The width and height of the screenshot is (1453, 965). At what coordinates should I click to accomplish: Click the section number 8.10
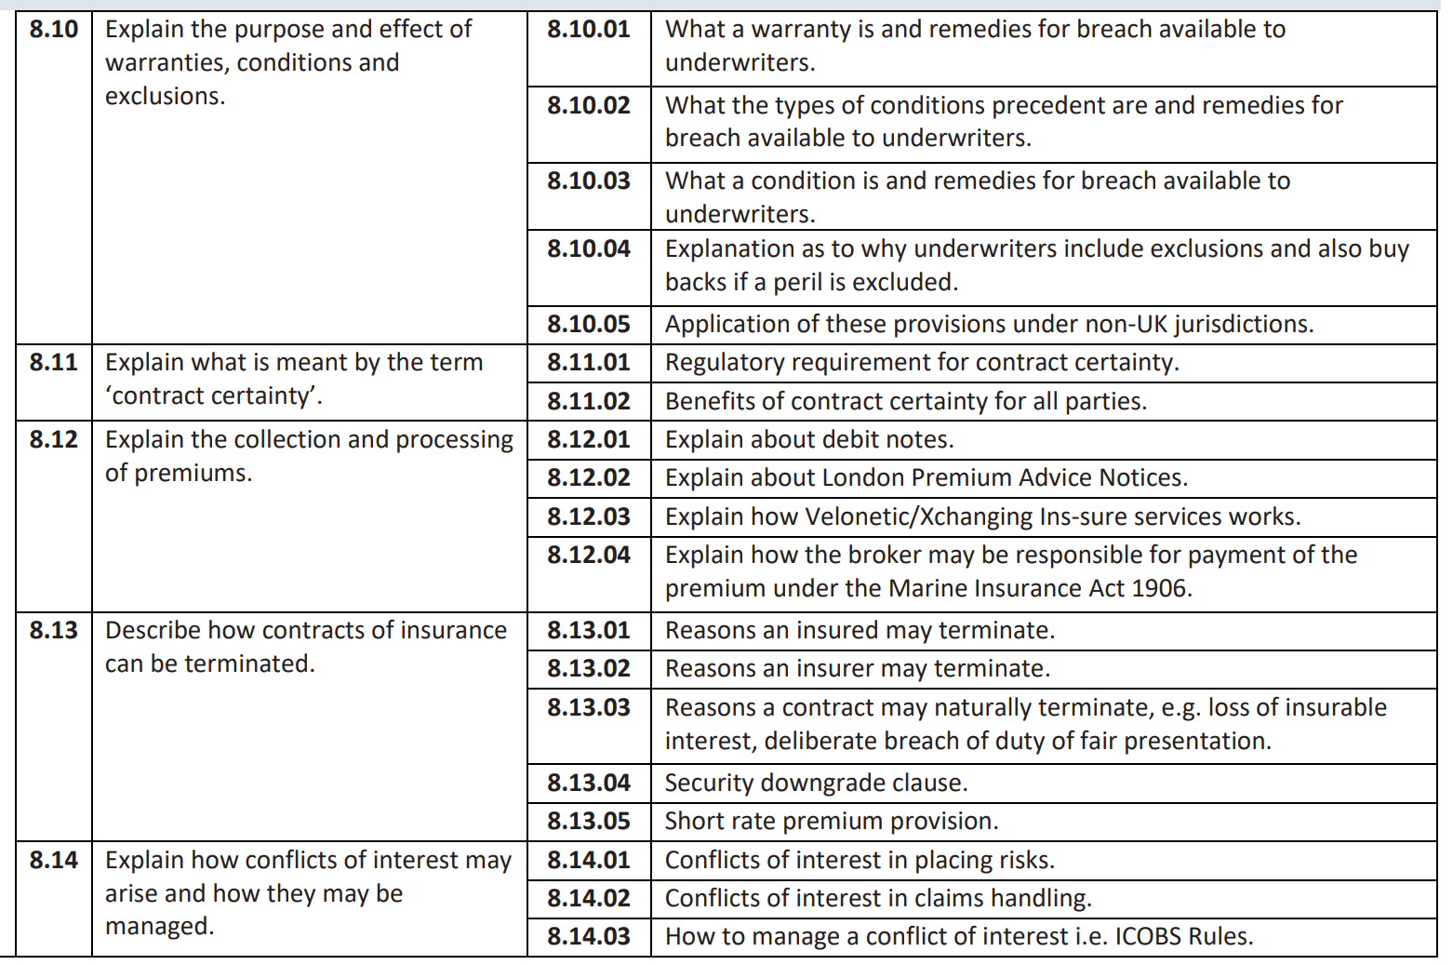point(54,30)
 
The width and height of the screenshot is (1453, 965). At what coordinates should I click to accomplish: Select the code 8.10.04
point(588,248)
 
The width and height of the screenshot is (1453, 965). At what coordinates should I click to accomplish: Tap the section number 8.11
point(54,362)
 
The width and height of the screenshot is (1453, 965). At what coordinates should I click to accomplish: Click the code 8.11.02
point(588,401)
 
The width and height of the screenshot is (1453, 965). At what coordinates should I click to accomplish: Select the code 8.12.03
point(588,516)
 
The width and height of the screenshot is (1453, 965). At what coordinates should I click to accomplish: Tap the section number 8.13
point(54,630)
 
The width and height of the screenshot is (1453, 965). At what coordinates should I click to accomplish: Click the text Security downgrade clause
point(816,783)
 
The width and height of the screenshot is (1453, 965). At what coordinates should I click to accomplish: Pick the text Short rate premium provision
point(831,821)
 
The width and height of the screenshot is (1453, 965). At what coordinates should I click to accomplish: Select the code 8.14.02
point(588,898)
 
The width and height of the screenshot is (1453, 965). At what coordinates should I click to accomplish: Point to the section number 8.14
point(54,860)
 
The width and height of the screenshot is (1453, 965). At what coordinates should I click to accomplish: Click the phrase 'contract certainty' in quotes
point(213,395)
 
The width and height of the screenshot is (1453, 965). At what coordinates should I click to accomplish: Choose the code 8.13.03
point(588,707)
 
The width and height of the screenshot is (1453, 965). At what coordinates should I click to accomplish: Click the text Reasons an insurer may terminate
point(857,668)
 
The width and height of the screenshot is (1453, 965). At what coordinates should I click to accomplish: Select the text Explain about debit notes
point(809,439)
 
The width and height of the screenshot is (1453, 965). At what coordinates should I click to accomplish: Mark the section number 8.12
point(54,439)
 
